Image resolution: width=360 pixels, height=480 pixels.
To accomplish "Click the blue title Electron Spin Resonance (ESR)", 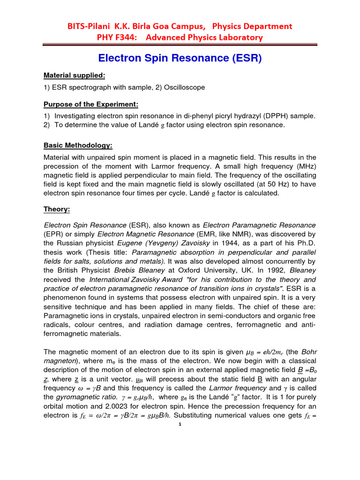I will coord(180,59).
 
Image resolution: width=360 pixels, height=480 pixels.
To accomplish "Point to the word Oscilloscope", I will coord(183,87).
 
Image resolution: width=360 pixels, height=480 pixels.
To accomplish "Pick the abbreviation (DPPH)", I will coord(264,116).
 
